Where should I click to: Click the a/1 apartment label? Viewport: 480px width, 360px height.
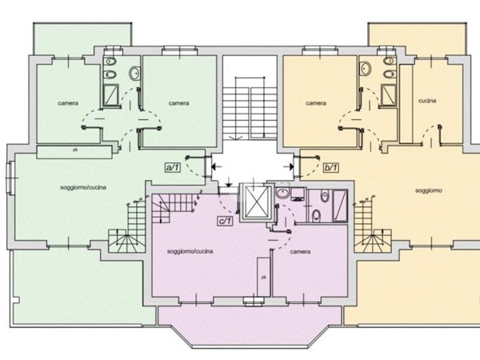tap(173, 167)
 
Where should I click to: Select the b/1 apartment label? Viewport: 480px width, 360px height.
tap(331, 167)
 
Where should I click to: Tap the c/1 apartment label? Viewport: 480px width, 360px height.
tap(225, 221)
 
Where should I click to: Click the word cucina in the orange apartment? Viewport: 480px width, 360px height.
tap(427, 101)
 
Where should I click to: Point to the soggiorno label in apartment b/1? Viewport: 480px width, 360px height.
tap(429, 190)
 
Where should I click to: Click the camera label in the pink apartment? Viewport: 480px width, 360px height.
tap(300, 252)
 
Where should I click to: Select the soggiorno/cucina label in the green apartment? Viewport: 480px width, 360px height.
tap(83, 187)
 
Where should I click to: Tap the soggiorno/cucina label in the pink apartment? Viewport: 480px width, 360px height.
tap(190, 251)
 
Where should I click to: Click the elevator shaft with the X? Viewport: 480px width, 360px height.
tap(257, 202)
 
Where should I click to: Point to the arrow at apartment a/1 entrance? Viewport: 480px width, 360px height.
tap(217, 167)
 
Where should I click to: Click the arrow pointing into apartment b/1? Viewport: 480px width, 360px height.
tap(289, 166)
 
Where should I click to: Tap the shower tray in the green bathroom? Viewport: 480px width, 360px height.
tap(110, 94)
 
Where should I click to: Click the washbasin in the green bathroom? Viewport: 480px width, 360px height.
tap(134, 73)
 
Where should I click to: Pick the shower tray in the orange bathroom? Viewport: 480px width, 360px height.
tap(389, 94)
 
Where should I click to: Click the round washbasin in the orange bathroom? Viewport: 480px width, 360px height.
tap(366, 68)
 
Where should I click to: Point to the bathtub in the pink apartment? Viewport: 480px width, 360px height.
tap(340, 205)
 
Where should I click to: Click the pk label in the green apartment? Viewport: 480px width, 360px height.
tap(75, 150)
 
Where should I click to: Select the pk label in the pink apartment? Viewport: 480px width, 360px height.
tap(263, 277)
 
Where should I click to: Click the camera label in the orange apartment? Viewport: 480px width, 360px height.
tap(316, 103)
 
